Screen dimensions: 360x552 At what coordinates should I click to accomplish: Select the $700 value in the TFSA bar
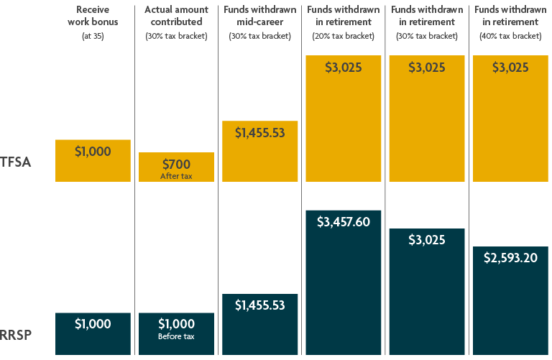click(176, 164)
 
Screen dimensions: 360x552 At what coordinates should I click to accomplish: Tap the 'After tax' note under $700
click(176, 175)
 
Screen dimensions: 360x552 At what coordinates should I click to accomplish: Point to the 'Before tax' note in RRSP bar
click(176, 336)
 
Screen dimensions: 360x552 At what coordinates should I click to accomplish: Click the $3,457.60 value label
click(344, 222)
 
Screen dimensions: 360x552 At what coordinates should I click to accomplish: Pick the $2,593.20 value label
click(510, 258)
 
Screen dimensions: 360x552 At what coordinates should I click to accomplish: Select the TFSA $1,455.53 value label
click(259, 132)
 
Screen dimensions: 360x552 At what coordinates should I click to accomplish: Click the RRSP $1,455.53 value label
click(259, 305)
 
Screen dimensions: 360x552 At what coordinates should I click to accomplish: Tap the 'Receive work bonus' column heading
click(93, 16)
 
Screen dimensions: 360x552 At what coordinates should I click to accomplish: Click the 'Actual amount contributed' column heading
click(176, 16)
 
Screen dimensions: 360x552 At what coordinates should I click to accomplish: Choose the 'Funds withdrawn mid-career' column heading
click(259, 16)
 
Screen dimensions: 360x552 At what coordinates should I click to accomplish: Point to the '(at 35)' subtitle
click(93, 36)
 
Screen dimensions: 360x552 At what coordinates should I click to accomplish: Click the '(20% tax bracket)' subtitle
click(344, 36)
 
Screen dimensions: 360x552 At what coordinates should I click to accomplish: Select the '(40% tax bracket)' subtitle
click(510, 36)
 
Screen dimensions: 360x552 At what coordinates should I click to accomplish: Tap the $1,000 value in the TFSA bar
click(93, 152)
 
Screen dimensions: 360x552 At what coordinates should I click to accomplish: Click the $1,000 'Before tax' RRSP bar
click(176, 333)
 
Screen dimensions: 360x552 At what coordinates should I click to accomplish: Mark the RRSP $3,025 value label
click(427, 240)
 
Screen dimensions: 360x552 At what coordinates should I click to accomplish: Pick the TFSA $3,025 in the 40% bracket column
click(510, 68)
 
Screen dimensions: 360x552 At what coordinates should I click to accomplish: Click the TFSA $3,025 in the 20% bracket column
click(344, 68)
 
